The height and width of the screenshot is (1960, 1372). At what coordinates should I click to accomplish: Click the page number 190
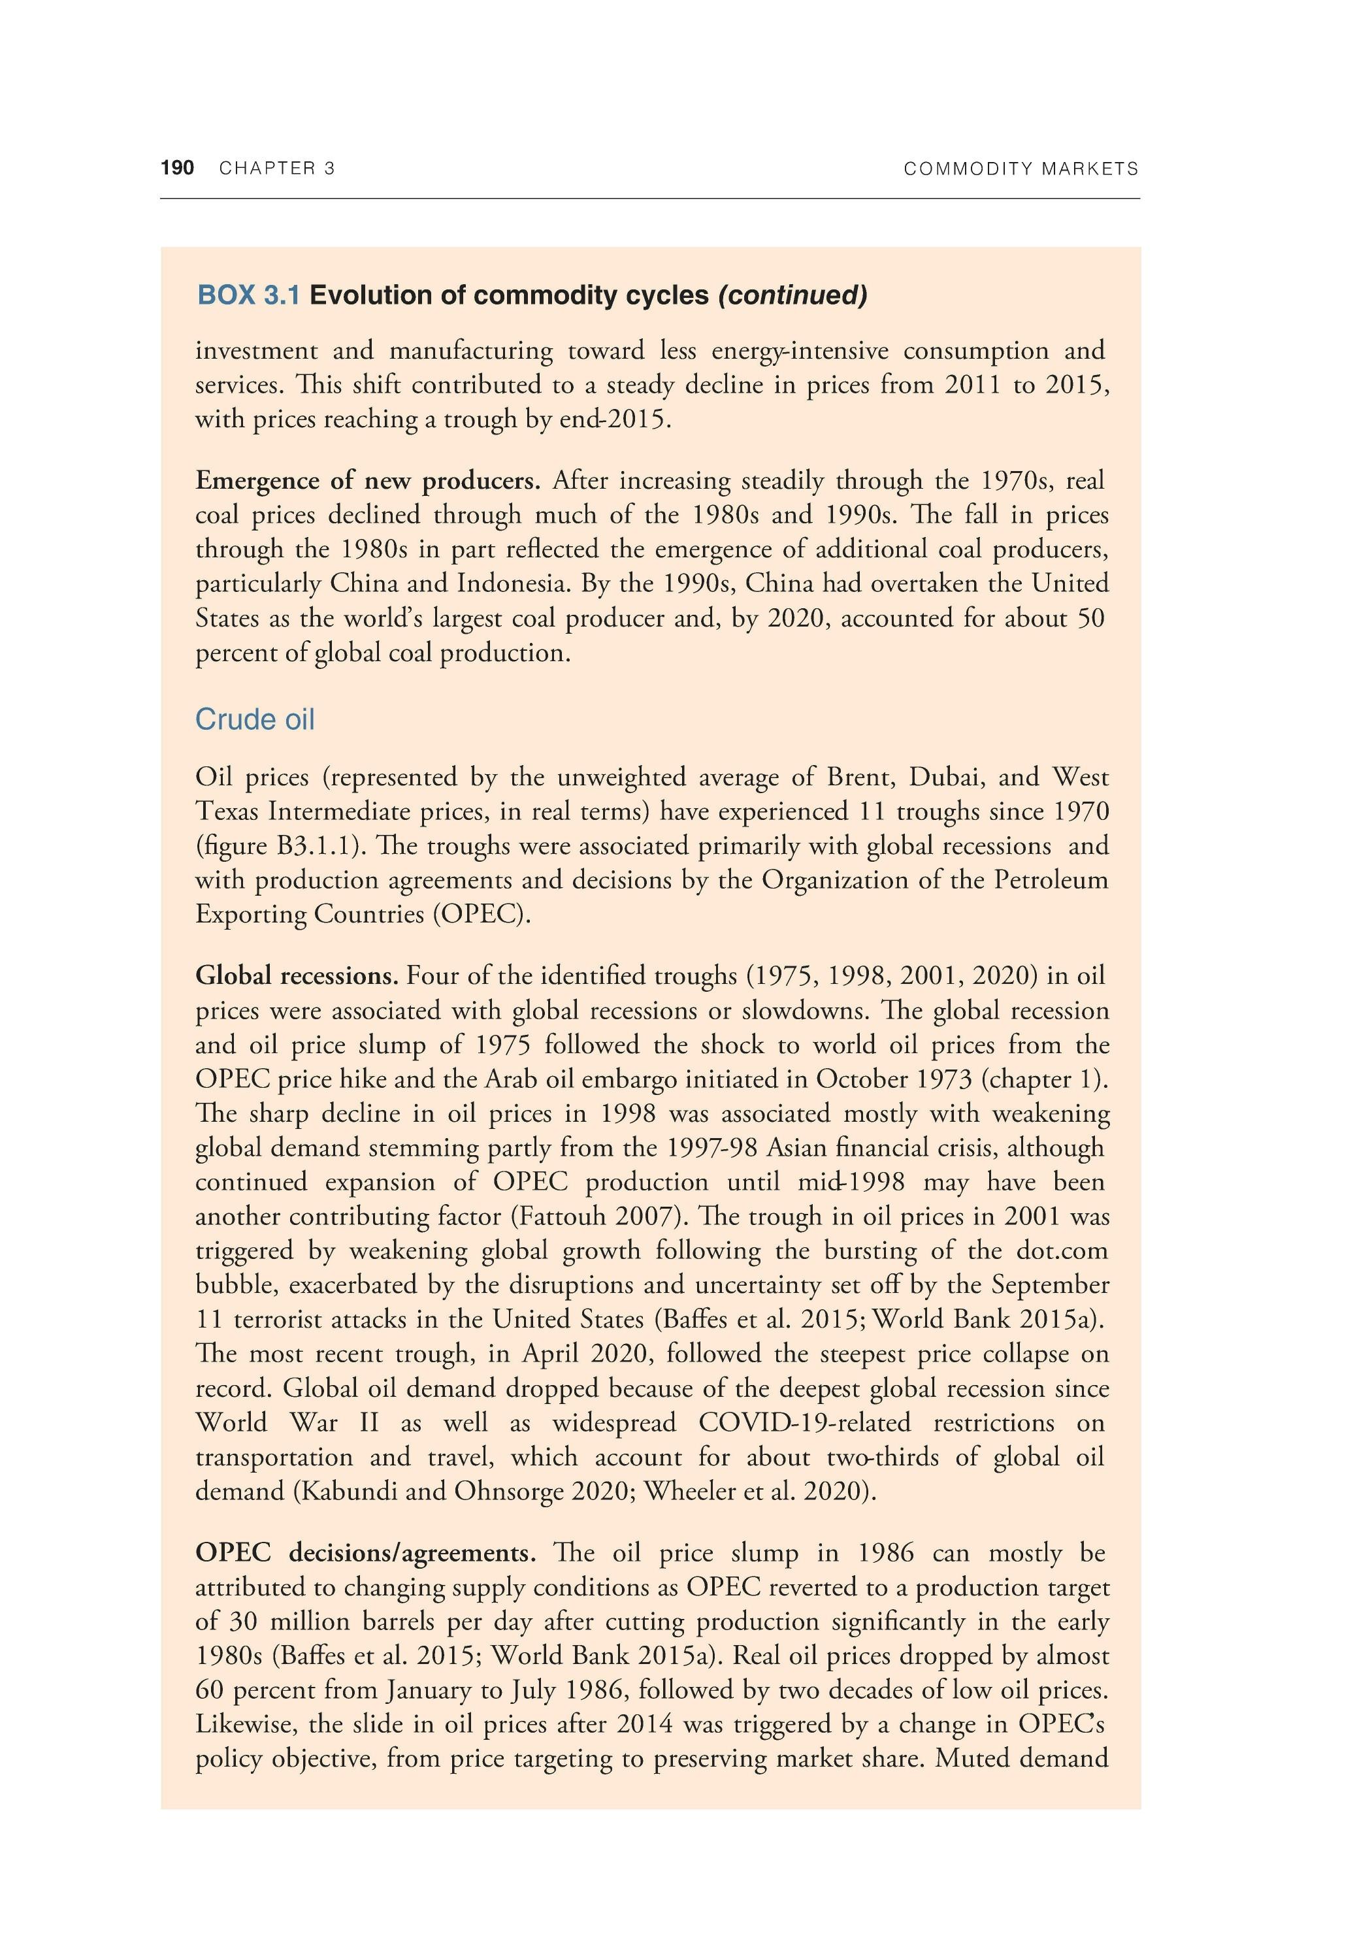point(178,168)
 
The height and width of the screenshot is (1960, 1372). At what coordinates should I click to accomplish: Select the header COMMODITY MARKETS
point(1021,169)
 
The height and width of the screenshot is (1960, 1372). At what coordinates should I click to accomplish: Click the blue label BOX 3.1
point(248,295)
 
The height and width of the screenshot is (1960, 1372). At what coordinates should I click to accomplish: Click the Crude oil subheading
point(254,719)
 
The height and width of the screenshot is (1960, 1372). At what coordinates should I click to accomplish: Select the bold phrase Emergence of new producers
point(368,481)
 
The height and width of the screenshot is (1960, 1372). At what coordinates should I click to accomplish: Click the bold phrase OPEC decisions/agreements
point(365,1553)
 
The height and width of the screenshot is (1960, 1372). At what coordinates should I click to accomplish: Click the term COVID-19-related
point(804,1423)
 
